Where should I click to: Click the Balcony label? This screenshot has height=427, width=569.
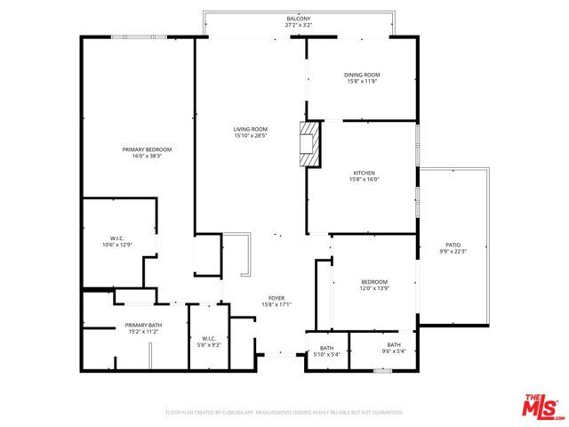(298, 18)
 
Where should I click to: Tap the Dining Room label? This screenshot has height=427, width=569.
(362, 75)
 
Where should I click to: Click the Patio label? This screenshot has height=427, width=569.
(453, 246)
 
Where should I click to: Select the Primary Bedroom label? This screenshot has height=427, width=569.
(147, 149)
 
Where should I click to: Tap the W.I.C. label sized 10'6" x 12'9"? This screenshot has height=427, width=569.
(116, 238)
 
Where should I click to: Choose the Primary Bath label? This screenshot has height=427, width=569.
(142, 326)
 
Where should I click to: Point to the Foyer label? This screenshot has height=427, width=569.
(276, 298)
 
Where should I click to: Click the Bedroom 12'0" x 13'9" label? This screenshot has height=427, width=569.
(374, 281)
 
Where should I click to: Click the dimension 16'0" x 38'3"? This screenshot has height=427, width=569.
(147, 156)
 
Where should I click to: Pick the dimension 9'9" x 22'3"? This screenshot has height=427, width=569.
(453, 252)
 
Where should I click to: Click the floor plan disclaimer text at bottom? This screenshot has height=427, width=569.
(284, 413)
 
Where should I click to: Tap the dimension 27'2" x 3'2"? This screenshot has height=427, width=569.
(298, 25)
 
